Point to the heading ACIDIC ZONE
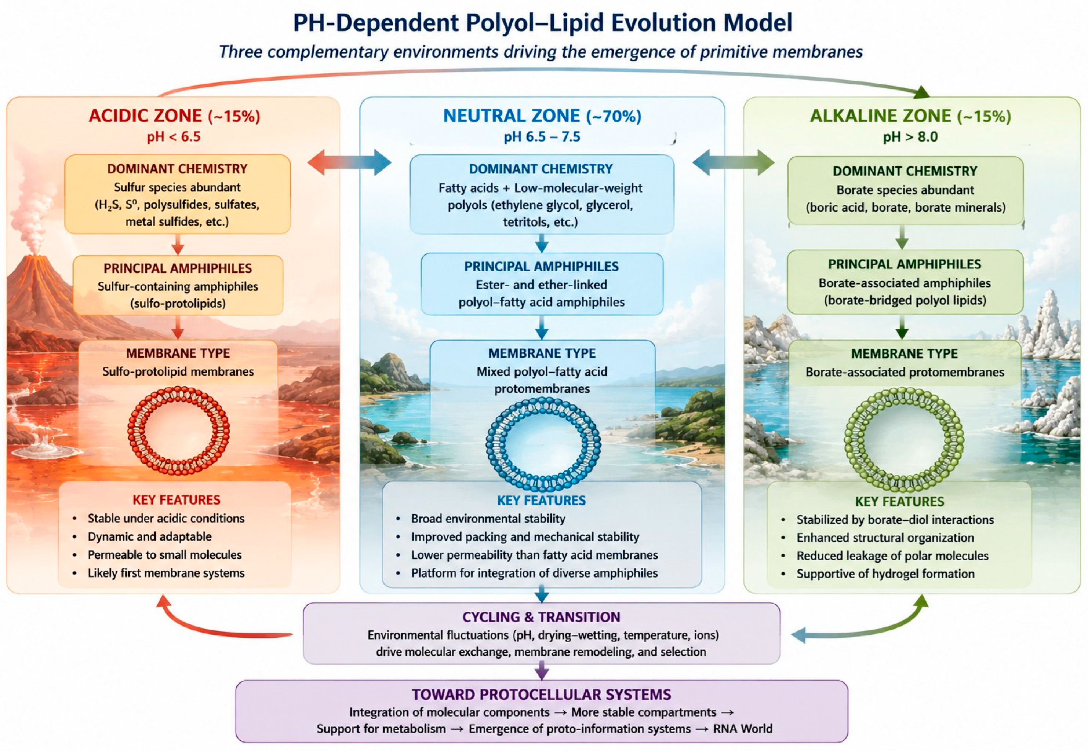(x=145, y=116)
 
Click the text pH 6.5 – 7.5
(x=542, y=137)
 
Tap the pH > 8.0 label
(x=910, y=137)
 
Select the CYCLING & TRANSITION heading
(x=541, y=617)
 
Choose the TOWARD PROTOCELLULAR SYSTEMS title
(x=541, y=695)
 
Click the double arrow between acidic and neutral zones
(x=349, y=162)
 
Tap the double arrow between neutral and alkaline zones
(x=733, y=162)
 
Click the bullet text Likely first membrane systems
(x=166, y=573)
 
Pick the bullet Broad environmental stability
(x=488, y=519)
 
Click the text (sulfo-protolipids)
(x=178, y=304)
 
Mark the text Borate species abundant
(x=905, y=190)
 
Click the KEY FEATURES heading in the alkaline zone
(x=900, y=502)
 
